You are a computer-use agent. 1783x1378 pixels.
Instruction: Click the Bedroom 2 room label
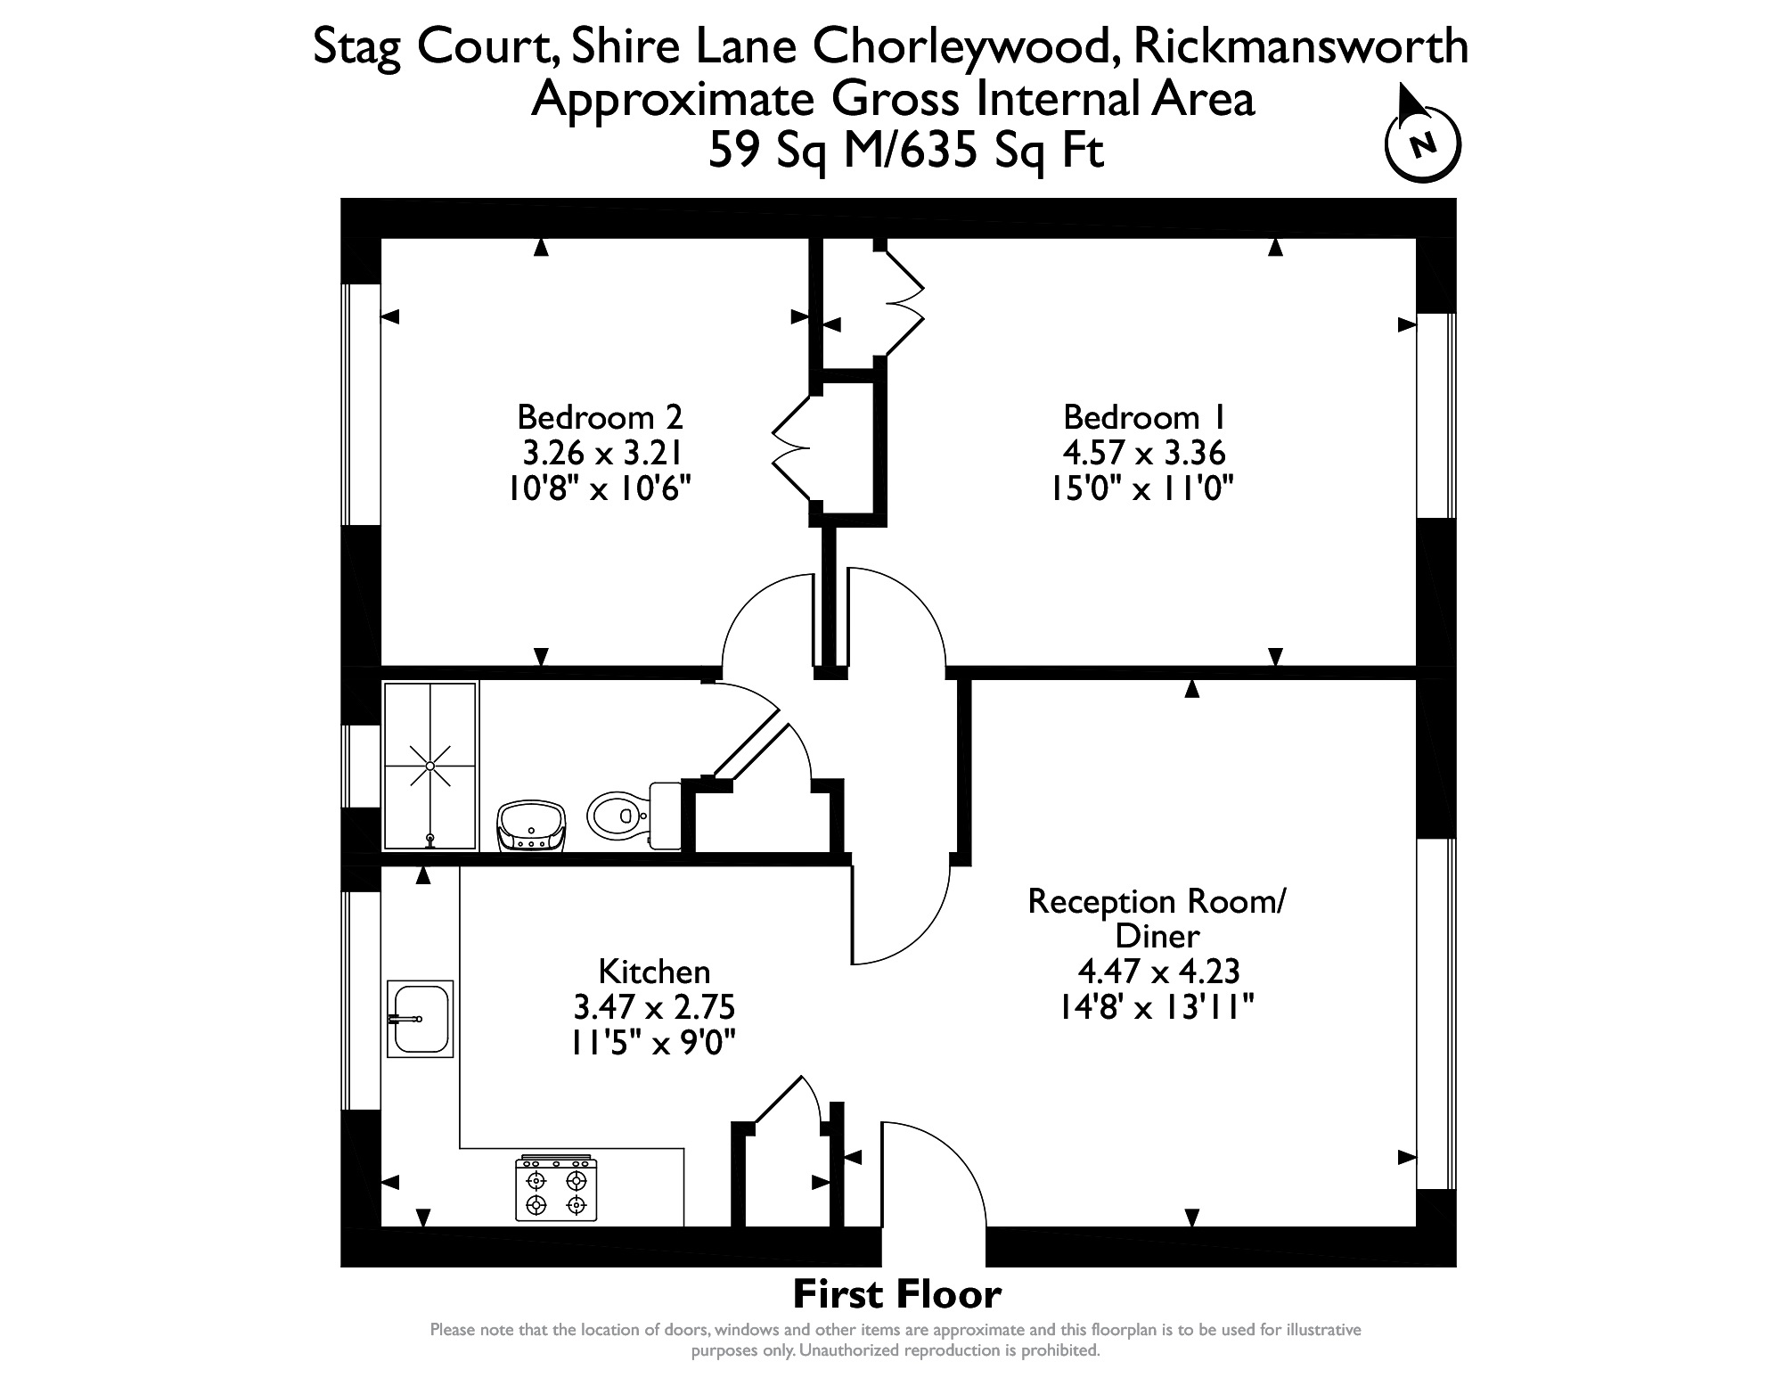point(600,417)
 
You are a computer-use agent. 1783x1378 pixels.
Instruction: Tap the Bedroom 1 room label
point(1144,417)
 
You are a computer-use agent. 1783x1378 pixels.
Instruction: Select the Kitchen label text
point(654,971)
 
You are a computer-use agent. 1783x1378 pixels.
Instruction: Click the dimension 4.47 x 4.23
point(1158,971)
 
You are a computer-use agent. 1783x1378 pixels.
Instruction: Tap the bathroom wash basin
point(532,826)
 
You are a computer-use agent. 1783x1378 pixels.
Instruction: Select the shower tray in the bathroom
point(430,766)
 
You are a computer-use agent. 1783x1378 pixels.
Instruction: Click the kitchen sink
point(420,1019)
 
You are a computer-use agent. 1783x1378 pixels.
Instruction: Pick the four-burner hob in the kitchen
point(556,1188)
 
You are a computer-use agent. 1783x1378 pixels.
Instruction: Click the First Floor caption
point(896,1292)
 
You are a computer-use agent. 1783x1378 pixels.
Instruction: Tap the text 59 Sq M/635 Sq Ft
point(905,150)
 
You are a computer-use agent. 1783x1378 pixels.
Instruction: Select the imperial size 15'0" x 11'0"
point(1144,488)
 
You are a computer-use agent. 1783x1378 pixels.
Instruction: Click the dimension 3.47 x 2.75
point(654,1007)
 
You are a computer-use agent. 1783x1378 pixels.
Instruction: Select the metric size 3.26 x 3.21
point(601,454)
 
